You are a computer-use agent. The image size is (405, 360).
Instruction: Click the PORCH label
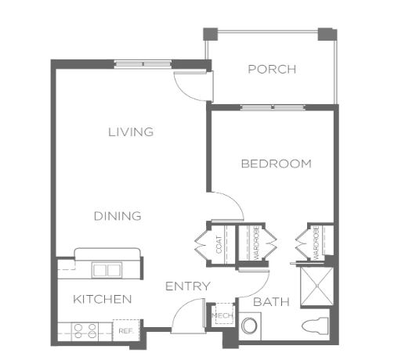(272, 70)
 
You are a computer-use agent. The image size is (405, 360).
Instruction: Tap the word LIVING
(131, 132)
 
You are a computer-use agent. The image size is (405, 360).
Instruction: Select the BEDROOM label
(277, 164)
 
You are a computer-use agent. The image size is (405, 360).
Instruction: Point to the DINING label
(118, 216)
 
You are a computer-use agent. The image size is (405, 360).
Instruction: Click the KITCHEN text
(103, 299)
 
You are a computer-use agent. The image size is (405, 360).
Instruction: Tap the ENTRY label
(188, 286)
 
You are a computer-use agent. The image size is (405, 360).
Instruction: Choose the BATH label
(271, 302)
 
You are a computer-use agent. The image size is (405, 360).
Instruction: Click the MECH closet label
(222, 315)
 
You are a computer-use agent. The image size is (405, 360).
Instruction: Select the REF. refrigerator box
(126, 330)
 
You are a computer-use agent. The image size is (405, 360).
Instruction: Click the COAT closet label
(219, 245)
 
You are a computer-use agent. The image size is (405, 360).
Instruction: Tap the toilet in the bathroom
(315, 325)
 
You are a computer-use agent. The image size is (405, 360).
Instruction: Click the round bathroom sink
(249, 326)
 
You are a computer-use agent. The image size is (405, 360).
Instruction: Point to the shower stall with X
(317, 286)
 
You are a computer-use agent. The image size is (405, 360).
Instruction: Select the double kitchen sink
(107, 270)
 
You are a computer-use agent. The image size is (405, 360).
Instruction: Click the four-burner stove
(85, 331)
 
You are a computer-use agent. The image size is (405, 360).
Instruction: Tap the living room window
(143, 64)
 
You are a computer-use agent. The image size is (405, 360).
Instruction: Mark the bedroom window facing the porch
(273, 107)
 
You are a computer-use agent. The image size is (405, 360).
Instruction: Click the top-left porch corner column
(211, 34)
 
